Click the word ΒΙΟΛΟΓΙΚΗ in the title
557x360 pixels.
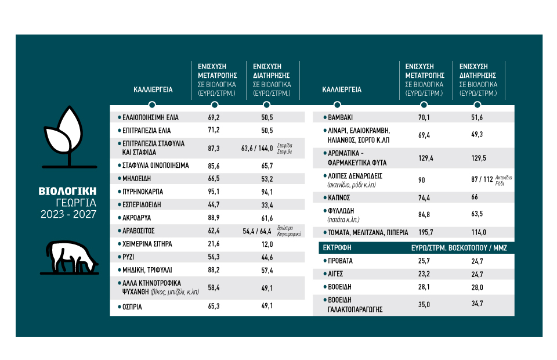[x=67, y=191]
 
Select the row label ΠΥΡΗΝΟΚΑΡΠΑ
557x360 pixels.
[x=143, y=191]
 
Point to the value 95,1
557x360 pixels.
[x=214, y=191]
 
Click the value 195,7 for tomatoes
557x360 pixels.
[x=426, y=232]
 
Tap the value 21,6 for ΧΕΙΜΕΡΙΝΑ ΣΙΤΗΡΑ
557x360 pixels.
[x=214, y=244]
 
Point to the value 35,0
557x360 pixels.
[x=426, y=304]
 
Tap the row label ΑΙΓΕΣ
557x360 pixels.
[x=337, y=274]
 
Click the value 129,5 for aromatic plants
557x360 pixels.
[x=477, y=158]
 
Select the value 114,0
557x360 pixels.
[x=477, y=232]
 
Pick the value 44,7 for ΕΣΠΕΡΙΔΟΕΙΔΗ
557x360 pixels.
[x=214, y=204]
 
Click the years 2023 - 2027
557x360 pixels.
[x=67, y=214]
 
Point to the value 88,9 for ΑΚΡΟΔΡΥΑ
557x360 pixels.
[x=214, y=218]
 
